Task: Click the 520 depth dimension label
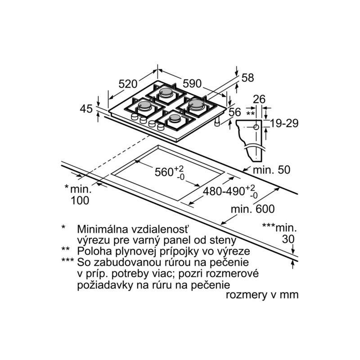pos(128,84)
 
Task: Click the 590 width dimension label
pos(192,84)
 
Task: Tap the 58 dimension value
pos(248,78)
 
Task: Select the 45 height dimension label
pos(86,109)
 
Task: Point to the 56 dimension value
pos(235,112)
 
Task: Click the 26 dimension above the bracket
pos(259,99)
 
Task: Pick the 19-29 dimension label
pos(284,123)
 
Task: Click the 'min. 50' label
pos(272,170)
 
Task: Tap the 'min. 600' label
pos(252,209)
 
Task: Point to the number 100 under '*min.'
pos(80,201)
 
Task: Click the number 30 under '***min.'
pos(288,239)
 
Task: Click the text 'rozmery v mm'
pos(262,295)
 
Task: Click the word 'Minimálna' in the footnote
pos(103,229)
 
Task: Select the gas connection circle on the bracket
pos(256,127)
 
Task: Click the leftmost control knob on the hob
pos(135,117)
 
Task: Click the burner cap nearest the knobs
pos(175,118)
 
